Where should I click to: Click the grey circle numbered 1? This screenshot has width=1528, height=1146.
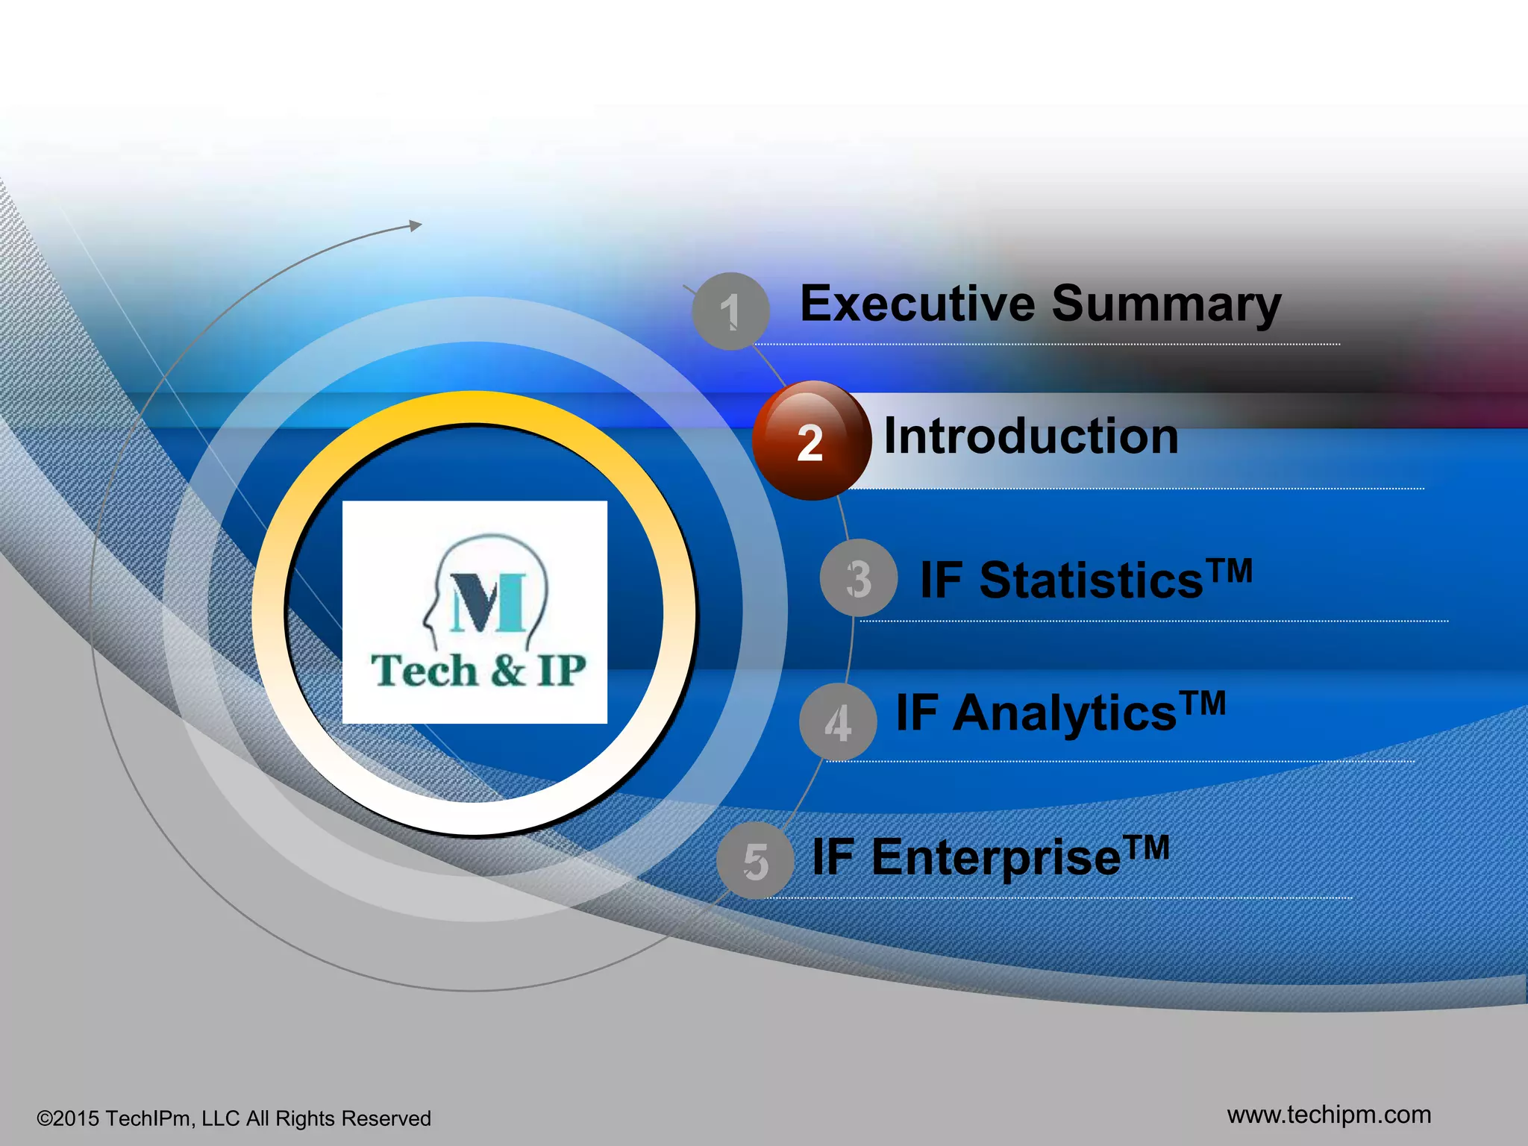point(730,311)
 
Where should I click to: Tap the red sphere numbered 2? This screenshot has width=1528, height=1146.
point(811,441)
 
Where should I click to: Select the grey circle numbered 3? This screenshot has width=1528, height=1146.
point(858,578)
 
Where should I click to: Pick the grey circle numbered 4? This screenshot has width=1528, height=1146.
point(838,722)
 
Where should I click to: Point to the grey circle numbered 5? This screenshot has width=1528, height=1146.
point(755,861)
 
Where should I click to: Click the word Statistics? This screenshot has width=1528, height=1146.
point(1091,580)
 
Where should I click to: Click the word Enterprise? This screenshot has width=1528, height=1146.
point(996,858)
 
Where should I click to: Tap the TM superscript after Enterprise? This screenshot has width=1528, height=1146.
point(1147,847)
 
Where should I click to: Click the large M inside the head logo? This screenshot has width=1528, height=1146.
point(489,603)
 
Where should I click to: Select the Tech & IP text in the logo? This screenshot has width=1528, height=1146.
point(477,670)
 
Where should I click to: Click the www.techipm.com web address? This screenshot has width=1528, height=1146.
point(1329,1115)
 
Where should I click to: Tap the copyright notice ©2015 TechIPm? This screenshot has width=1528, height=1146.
point(234,1118)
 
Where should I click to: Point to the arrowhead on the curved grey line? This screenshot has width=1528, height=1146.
point(416,225)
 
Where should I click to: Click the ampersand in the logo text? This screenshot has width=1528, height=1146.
point(508,670)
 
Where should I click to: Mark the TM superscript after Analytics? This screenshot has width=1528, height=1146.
point(1203,703)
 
